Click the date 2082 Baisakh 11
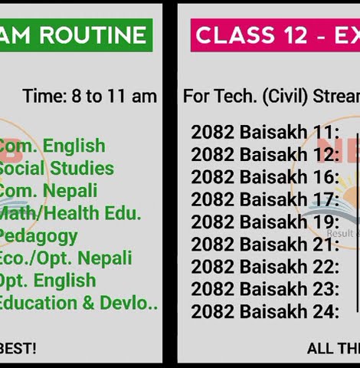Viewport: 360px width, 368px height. tap(264, 133)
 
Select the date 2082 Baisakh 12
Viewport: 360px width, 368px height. tap(264, 155)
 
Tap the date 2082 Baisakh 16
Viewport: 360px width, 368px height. tap(264, 178)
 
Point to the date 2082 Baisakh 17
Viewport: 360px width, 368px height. tap(264, 200)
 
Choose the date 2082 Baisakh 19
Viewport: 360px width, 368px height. tap(264, 222)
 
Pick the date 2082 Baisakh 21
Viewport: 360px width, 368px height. tap(264, 245)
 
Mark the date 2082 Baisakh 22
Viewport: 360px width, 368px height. tap(264, 268)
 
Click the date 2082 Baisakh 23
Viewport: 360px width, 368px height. tap(264, 290)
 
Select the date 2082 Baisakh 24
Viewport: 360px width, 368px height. tap(264, 312)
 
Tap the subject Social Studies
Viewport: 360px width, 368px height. tap(56, 169)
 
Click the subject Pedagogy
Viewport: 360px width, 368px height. tap(38, 235)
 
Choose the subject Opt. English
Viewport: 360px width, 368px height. tap(47, 281)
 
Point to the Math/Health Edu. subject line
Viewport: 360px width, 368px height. tap(70, 213)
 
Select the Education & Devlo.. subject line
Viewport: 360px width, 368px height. tap(78, 303)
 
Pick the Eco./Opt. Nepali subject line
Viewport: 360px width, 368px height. tap(65, 258)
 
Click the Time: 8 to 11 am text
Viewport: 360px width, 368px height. tap(90, 97)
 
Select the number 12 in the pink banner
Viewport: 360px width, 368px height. tap(294, 35)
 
